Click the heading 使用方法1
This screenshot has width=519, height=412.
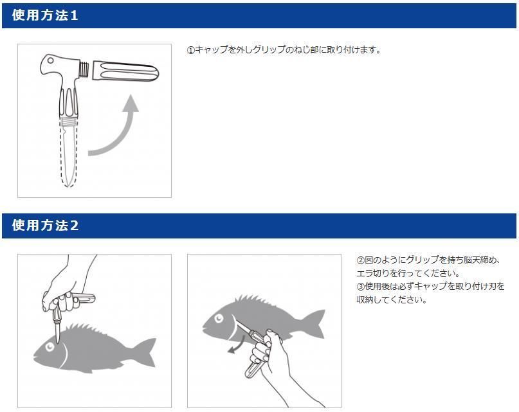point(45,15)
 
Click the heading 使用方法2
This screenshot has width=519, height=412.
point(45,226)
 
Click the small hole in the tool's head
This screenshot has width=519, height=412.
point(50,60)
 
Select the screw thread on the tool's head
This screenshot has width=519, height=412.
point(85,70)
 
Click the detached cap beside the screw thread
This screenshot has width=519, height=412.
point(125,71)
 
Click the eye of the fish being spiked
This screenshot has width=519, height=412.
point(50,347)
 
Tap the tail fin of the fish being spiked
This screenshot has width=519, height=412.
point(146,352)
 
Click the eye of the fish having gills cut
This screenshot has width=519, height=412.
point(219,318)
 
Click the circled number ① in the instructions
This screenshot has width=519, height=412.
point(191,50)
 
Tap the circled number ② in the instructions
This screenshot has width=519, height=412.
point(360,260)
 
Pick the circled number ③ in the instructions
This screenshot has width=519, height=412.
point(360,286)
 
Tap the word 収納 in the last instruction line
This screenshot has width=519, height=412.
point(365,300)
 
